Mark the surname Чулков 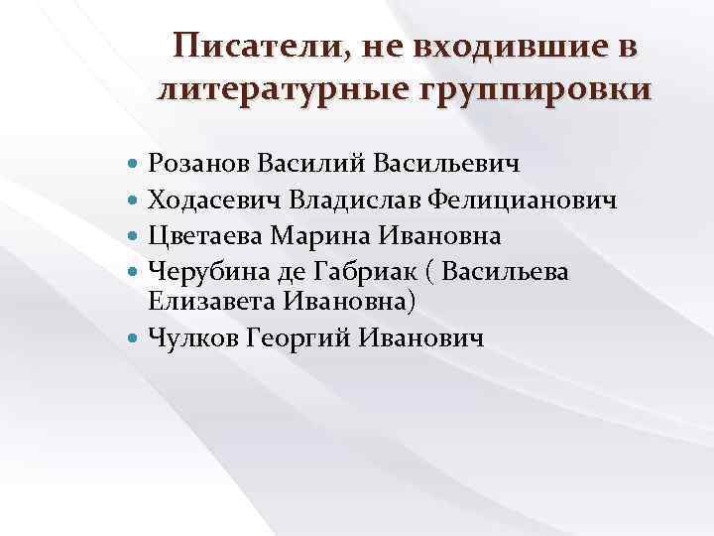pos(190,338)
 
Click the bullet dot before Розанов pos(135,163)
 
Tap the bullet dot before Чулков pos(135,338)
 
